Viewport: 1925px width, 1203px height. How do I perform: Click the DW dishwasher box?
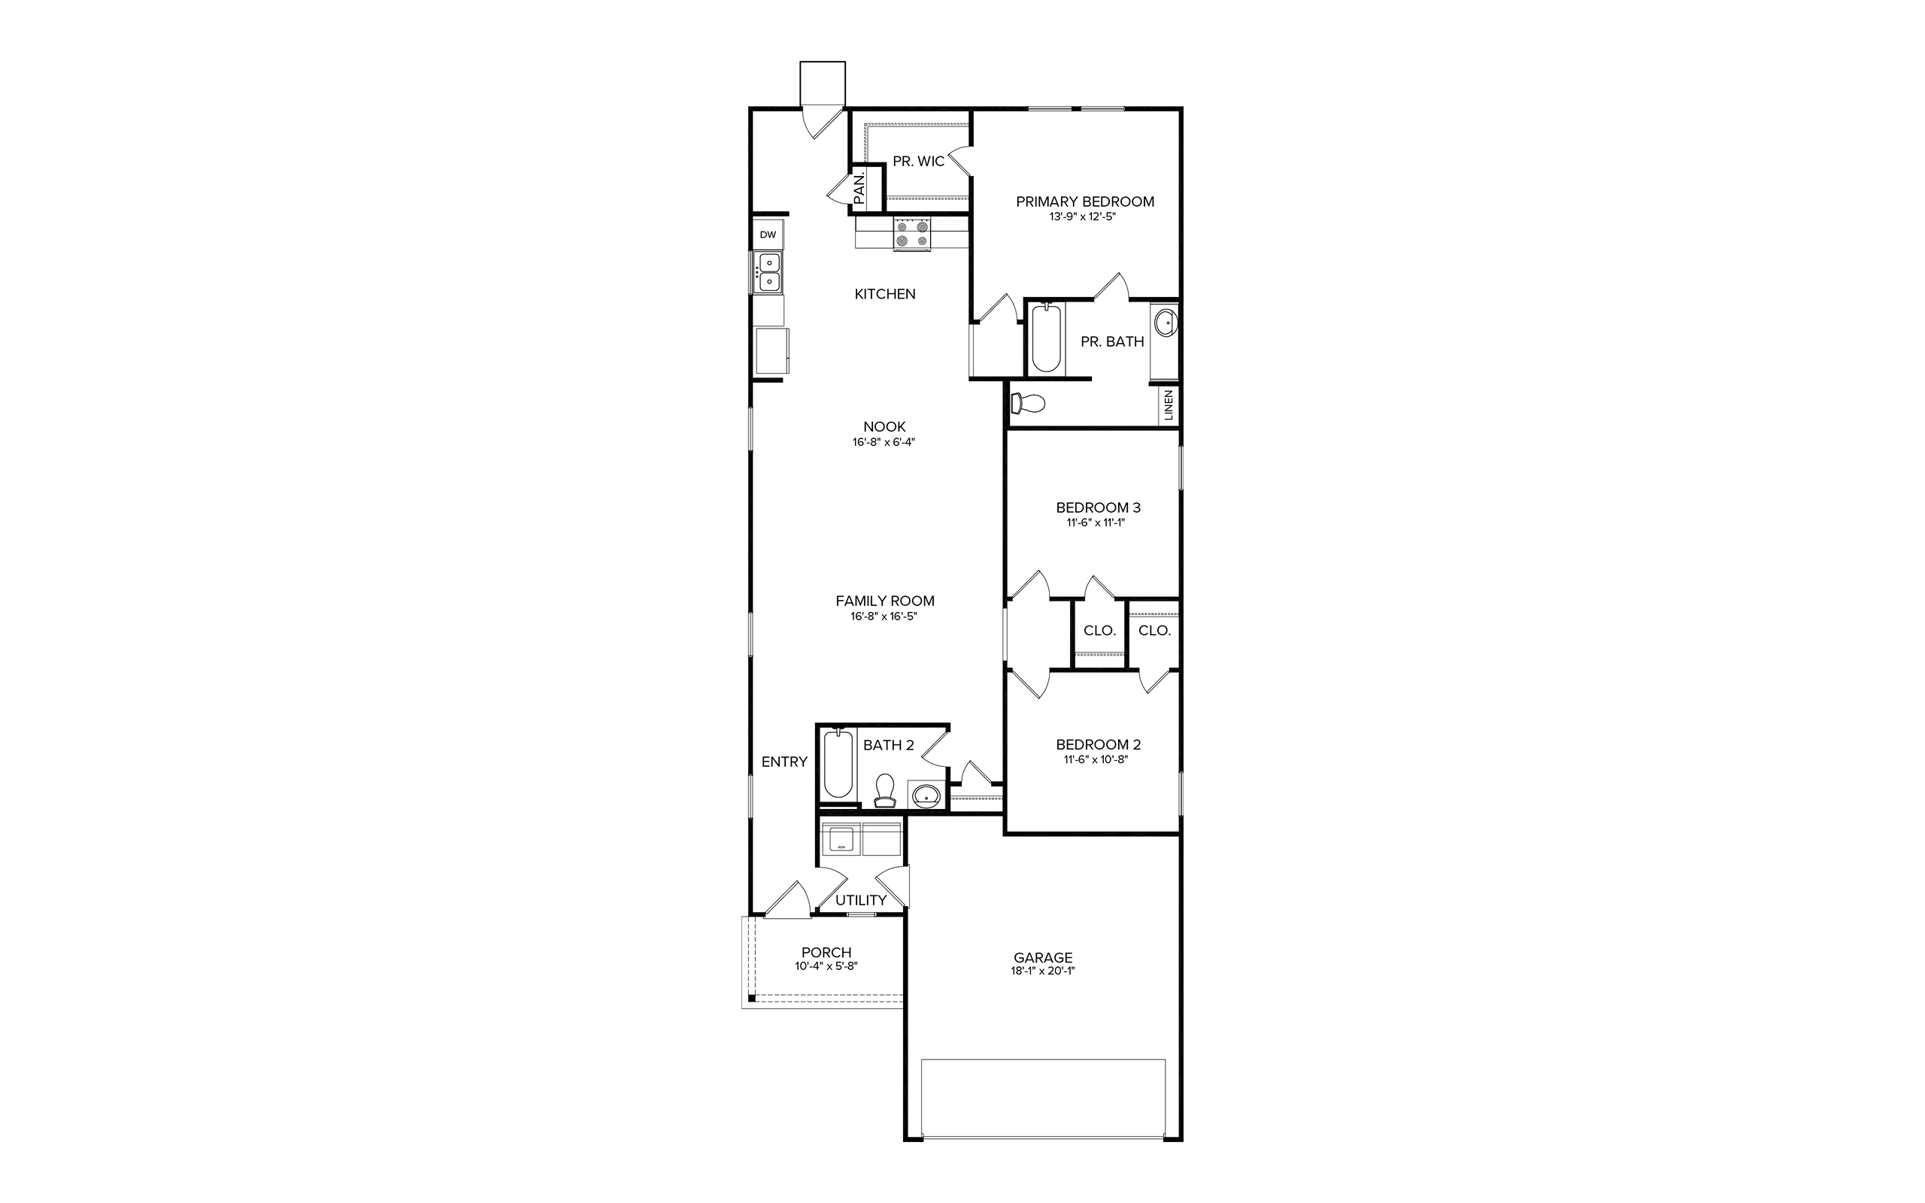pos(768,235)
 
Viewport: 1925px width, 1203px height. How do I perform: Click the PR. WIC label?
pos(918,162)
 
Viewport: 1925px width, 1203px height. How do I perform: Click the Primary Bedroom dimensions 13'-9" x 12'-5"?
pos(1083,217)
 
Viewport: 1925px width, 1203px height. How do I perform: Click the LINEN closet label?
pos(1169,405)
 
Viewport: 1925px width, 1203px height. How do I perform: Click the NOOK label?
pos(884,427)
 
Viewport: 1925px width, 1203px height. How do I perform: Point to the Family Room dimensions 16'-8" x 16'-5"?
pos(884,617)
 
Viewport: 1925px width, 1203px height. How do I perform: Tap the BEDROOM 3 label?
pos(1099,508)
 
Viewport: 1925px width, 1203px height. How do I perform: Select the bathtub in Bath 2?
pos(838,765)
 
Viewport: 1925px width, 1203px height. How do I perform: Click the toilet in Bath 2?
pos(884,792)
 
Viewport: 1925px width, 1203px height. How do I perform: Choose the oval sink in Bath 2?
pos(926,795)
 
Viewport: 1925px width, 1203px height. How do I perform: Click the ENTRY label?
pos(784,762)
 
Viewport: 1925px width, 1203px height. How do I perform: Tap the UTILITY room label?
pos(861,901)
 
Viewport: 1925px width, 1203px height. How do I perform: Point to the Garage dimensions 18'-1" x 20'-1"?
pos(1042,971)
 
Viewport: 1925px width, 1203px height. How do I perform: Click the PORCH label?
pos(826,953)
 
